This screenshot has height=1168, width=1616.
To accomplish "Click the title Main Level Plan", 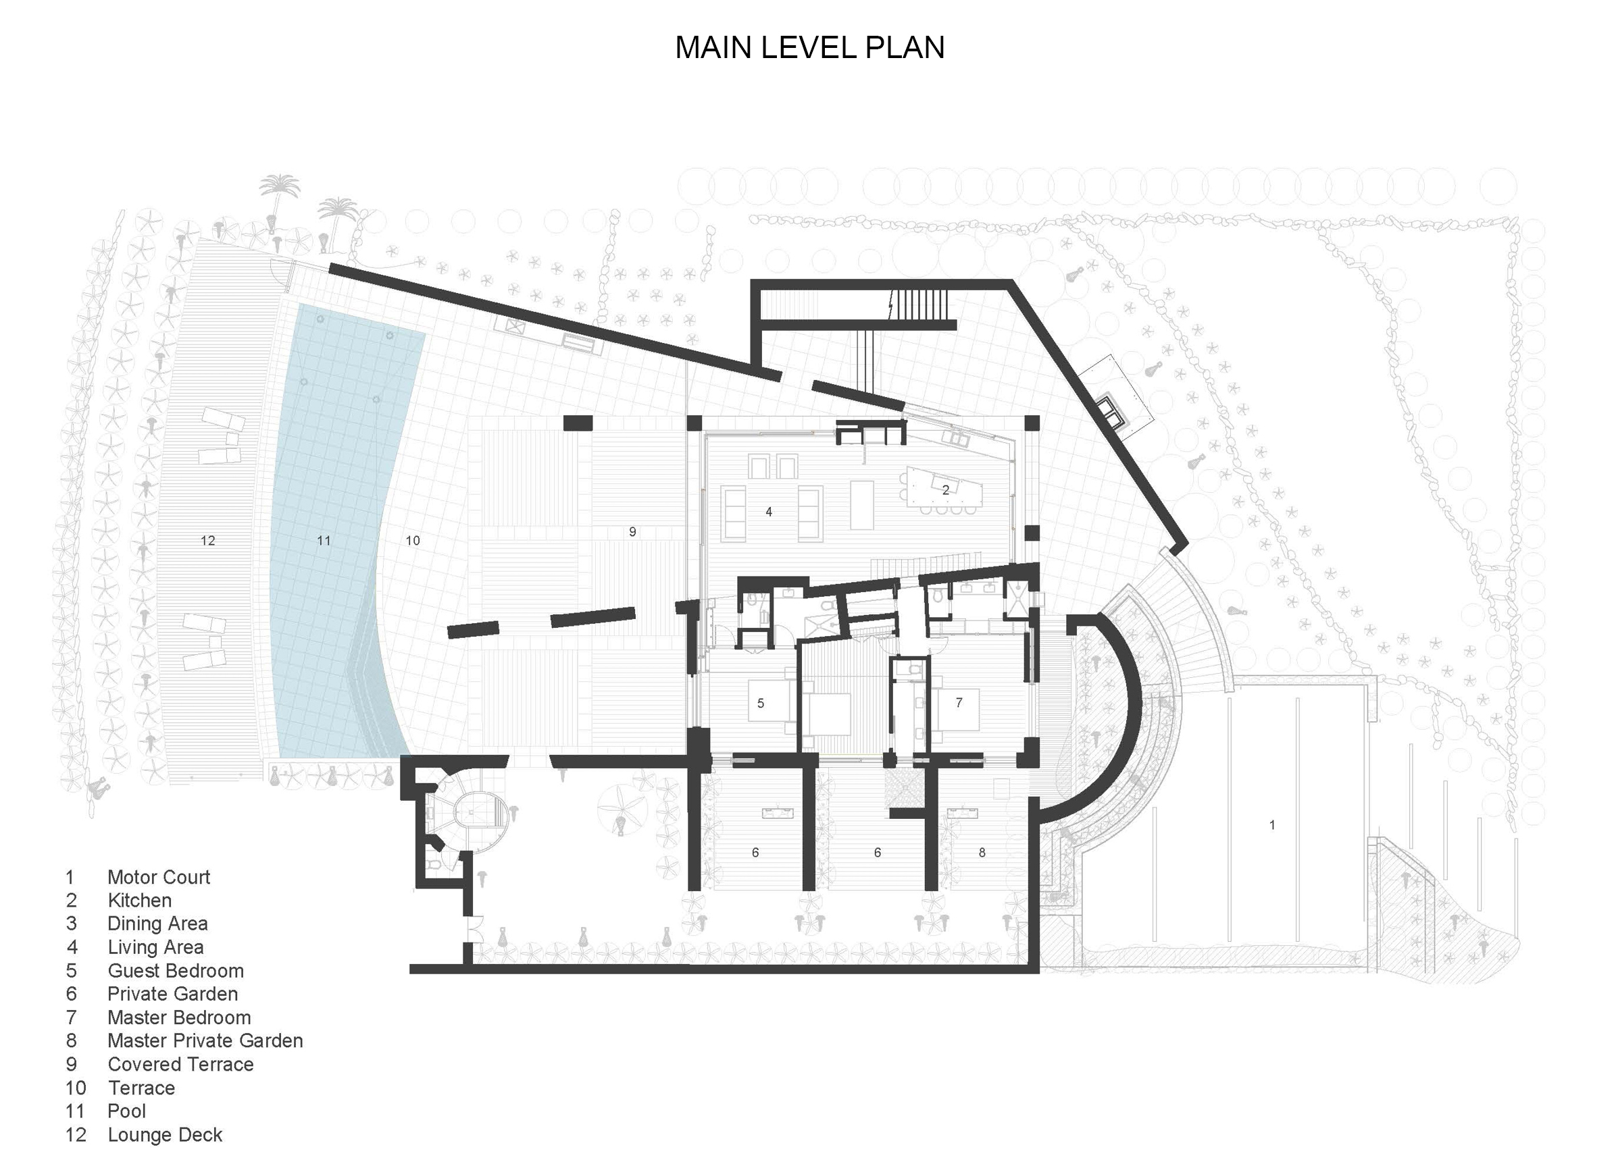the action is pos(809,48).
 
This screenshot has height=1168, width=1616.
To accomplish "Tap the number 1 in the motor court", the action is pos(1272,825).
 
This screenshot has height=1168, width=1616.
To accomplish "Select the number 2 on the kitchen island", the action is pos(946,490).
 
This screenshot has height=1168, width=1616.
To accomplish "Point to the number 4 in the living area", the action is pos(768,511).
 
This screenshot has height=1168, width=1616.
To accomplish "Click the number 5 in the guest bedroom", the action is pos(760,703).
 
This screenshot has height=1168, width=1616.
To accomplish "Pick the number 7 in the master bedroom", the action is pos(959,702).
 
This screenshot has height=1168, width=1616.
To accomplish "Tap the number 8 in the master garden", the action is pos(982,853).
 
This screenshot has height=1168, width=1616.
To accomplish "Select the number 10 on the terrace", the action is pos(413,541).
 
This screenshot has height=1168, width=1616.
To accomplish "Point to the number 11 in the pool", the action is pos(324,541).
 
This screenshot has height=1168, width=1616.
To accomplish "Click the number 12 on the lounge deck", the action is pos(207,541).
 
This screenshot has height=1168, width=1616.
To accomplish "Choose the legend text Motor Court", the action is pos(158,877).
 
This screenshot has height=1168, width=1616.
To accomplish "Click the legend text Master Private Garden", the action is pos(205,1040).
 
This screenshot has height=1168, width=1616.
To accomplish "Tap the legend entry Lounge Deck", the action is pos(165,1134).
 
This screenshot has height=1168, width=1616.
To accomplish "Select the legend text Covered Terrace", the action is pos(180,1064).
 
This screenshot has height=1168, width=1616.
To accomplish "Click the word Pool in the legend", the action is pos(126,1111).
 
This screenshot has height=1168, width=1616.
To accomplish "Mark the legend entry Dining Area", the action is pos(157,924).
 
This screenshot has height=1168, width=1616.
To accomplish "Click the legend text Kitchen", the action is pos(139,900).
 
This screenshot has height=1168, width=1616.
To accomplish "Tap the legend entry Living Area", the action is pos(155,947).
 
